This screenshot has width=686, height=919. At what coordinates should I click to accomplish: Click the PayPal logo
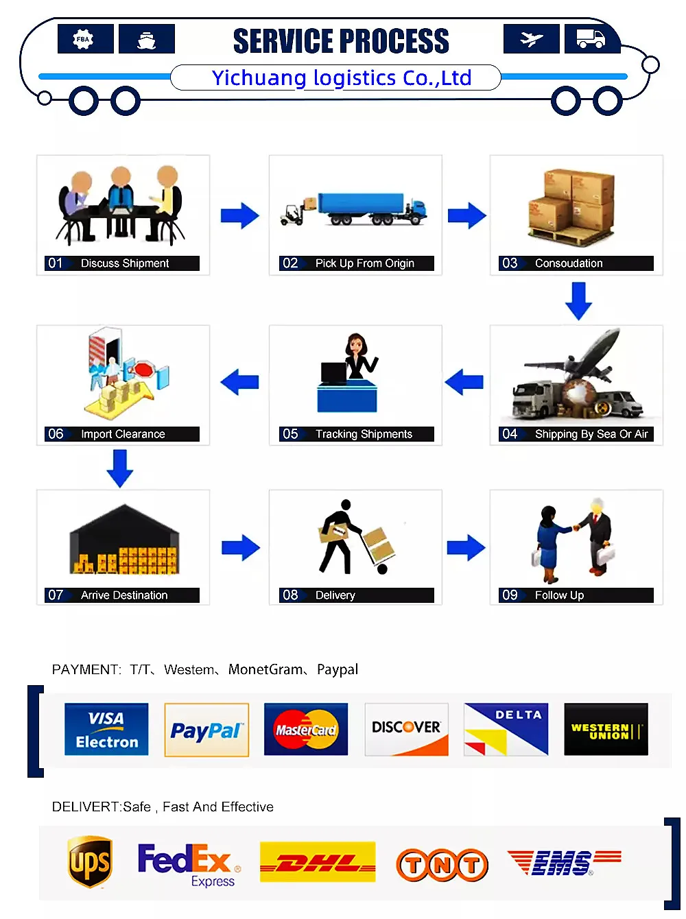coord(206,730)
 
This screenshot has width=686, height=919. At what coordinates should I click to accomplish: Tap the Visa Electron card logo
coord(106,730)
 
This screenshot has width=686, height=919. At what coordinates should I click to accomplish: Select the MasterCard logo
coord(306,730)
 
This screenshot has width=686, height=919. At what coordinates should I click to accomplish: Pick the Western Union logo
coord(606,730)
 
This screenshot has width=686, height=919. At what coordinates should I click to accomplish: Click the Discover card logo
coord(406,730)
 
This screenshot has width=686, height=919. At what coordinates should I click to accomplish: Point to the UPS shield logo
coord(90,862)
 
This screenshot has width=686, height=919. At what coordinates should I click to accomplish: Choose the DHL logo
coord(318,862)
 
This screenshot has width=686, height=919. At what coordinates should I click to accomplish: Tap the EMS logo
coord(563,862)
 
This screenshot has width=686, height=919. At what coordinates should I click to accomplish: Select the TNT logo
coord(442,865)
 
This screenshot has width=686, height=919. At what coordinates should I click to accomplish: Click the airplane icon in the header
coord(531,39)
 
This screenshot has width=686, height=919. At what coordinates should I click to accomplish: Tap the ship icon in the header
coord(146,39)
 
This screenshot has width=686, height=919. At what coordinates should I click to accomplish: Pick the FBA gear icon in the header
coord(85,39)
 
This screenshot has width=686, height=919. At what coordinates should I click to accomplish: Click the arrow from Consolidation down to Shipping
coord(578,301)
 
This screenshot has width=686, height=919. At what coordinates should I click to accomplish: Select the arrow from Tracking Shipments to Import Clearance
coord(239,382)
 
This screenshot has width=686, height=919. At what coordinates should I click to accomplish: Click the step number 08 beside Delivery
coord(290,595)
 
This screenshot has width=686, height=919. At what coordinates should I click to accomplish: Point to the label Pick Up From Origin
coord(364,263)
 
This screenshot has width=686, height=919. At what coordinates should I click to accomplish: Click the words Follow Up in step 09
coord(559,595)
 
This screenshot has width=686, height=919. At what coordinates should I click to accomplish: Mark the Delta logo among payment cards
coord(506,730)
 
